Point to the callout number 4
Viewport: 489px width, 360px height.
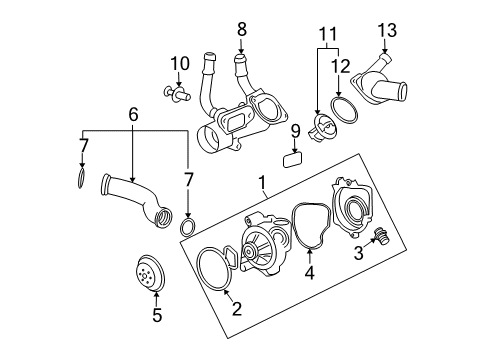(309, 272)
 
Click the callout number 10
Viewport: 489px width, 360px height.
(179, 64)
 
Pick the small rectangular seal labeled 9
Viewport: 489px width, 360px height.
(293, 157)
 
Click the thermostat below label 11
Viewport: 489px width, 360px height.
(323, 128)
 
